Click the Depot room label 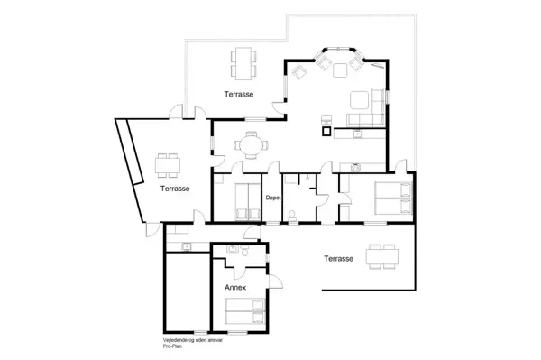tap(273, 198)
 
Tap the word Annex tap(235, 287)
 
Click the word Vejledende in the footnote tap(165, 339)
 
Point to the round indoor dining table tap(250, 143)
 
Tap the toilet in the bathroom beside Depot tap(295, 215)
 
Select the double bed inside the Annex tap(244, 313)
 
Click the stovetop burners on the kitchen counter tap(357, 135)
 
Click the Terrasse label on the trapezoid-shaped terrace tap(175, 189)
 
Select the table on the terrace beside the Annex tap(380, 254)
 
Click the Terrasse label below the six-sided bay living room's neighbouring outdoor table tap(239, 94)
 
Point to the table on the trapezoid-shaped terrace tap(167, 164)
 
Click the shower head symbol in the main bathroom tap(309, 179)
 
